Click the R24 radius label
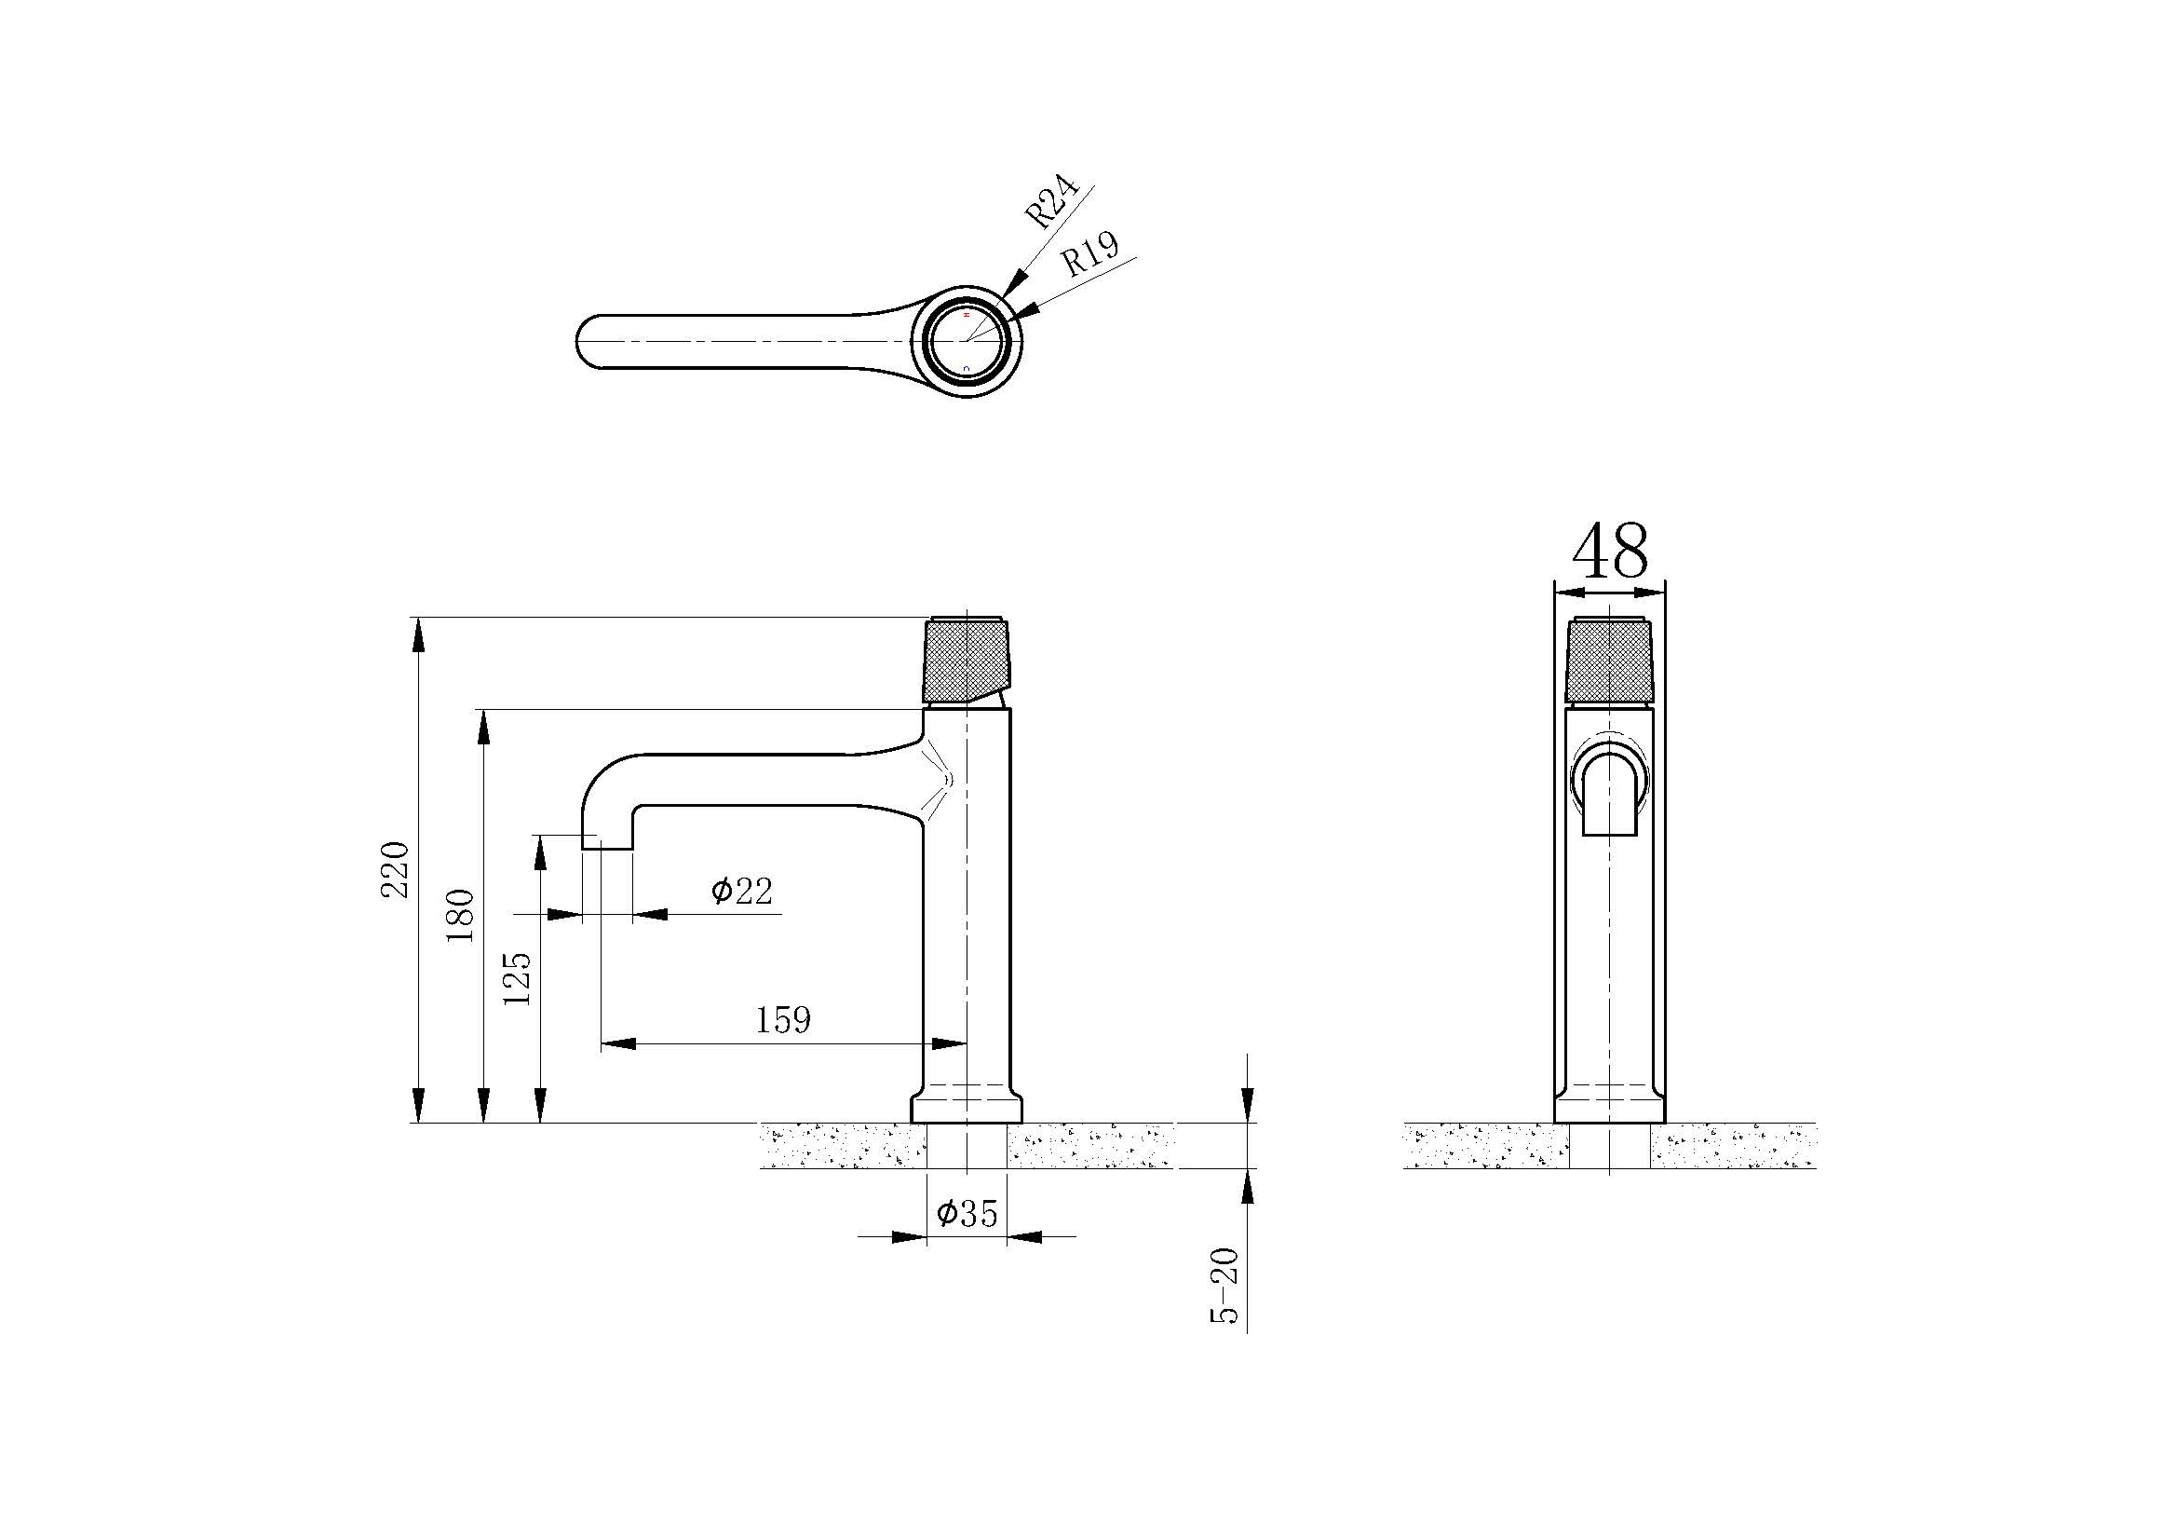pos(1053,201)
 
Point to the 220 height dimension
pos(395,869)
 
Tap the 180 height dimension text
pos(461,915)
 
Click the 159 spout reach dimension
pos(782,1020)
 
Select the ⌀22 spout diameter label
pos(742,890)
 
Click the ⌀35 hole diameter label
pos(967,1213)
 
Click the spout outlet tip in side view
pos(606,842)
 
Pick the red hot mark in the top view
pos(967,313)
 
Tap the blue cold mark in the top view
pos(967,367)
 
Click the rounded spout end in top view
pos(588,341)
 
